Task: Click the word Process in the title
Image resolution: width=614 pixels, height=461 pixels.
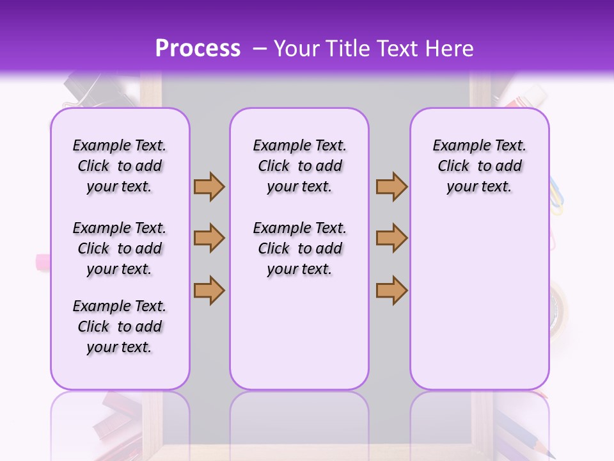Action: coord(198,49)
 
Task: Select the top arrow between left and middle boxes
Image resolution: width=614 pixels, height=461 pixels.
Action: coord(209,186)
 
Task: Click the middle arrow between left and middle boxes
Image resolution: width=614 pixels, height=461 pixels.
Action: coord(209,238)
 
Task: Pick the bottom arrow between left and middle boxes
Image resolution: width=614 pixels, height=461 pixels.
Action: coord(209,290)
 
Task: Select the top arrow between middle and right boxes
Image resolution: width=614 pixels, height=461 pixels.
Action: coord(391,186)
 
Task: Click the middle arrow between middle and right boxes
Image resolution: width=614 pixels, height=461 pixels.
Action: coord(391,238)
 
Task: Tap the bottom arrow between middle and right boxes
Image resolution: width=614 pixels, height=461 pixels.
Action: coord(391,290)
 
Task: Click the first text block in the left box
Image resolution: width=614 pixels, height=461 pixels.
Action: coord(120,166)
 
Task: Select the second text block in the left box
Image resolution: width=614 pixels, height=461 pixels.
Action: coord(120,248)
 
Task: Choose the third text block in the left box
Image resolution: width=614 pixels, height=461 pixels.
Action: coord(120,327)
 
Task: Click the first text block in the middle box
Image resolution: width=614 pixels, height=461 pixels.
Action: coord(299,166)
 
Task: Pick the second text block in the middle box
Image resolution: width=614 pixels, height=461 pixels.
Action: coord(299,248)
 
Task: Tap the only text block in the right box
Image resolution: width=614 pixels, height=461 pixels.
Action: coord(479,166)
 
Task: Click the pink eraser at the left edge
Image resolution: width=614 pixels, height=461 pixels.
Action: coord(43,262)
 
